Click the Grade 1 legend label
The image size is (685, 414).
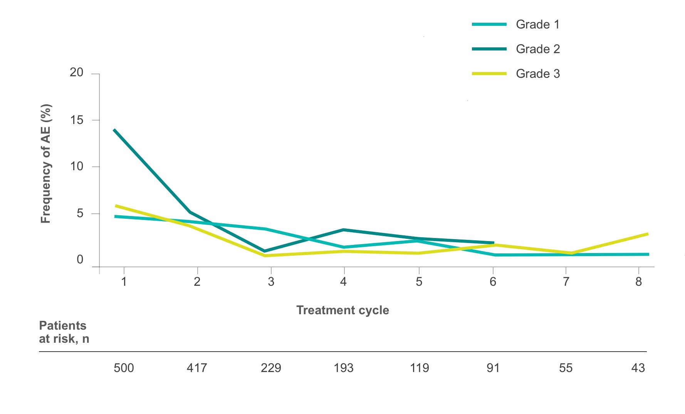(537, 25)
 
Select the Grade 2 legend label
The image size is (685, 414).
(537, 49)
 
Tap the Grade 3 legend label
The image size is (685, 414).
(537, 74)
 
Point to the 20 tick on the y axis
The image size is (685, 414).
(77, 72)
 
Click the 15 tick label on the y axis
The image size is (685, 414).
(77, 120)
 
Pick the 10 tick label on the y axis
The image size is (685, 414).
(77, 166)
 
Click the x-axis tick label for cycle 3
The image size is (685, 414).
(271, 282)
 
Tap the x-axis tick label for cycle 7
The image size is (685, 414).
(566, 282)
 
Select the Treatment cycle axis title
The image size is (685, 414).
(342, 310)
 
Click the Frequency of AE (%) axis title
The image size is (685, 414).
(46, 164)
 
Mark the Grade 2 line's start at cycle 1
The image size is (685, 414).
(114, 130)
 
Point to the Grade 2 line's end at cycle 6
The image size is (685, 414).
(494, 243)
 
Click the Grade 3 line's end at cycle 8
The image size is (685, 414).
(648, 234)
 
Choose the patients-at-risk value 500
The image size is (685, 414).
(124, 368)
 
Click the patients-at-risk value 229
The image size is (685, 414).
(271, 368)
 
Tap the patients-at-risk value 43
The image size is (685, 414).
(638, 368)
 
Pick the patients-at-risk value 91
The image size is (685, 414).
(493, 368)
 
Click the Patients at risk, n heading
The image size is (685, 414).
(64, 332)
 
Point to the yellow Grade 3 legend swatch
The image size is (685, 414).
(489, 74)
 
